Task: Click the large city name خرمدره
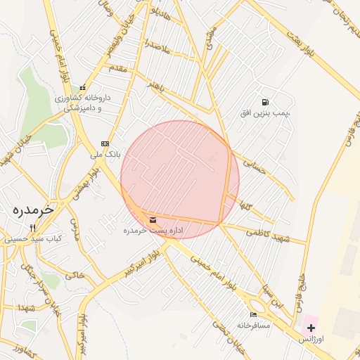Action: pyautogui.click(x=33, y=210)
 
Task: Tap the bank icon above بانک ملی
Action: pyautogui.click(x=105, y=143)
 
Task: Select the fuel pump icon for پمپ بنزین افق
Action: pyautogui.click(x=265, y=102)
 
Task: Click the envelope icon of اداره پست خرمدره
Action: pyautogui.click(x=153, y=220)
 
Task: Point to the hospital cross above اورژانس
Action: pyautogui.click(x=311, y=328)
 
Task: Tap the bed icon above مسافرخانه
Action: pyautogui.click(x=253, y=314)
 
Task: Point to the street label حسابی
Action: pyautogui.click(x=255, y=167)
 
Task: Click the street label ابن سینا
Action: pyautogui.click(x=272, y=296)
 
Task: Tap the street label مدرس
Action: pyautogui.click(x=77, y=238)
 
